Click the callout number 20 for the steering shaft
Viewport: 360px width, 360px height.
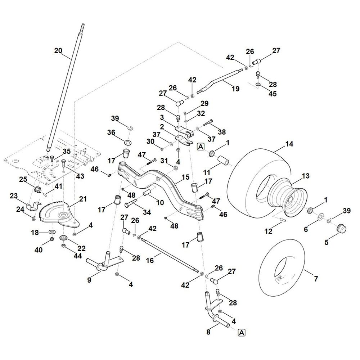[58, 51]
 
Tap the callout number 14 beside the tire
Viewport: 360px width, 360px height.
[289, 144]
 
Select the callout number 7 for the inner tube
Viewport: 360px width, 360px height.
[316, 279]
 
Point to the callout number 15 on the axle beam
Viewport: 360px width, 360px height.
[185, 177]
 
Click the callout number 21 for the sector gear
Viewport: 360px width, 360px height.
[83, 199]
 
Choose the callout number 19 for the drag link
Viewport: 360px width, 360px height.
[235, 89]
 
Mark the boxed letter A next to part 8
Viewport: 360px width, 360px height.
[241, 332]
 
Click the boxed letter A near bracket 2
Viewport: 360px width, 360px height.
[200, 147]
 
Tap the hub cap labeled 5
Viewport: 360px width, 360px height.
[340, 229]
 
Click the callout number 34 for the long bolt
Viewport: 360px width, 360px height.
[147, 212]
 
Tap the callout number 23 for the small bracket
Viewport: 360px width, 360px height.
[14, 196]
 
